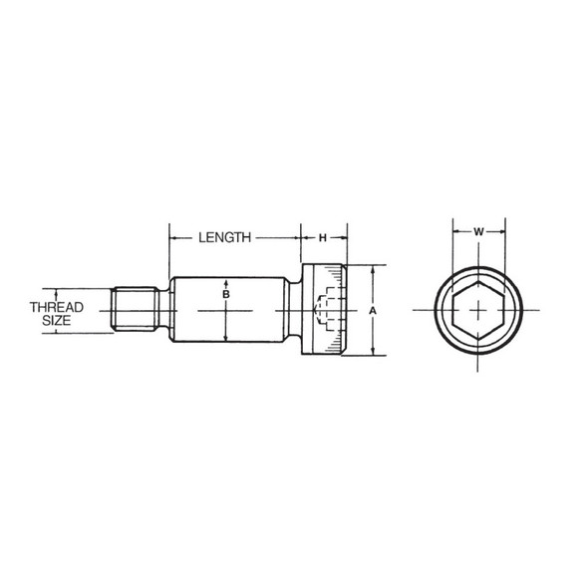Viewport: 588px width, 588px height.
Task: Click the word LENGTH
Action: coord(223,237)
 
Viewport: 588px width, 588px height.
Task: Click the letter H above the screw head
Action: coord(323,237)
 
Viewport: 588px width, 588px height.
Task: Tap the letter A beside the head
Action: coord(371,310)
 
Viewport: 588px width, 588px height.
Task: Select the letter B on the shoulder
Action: coord(226,296)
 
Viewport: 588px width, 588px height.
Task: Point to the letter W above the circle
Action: coord(478,232)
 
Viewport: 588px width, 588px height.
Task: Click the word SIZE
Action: coord(56,321)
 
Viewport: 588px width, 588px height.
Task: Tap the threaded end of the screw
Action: coord(137,309)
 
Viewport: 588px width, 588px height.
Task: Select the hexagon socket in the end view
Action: coord(478,310)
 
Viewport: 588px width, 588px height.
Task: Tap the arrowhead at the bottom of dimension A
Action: coord(372,352)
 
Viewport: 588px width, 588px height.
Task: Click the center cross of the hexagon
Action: coord(478,310)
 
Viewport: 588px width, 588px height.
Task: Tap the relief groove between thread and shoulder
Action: coord(164,310)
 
